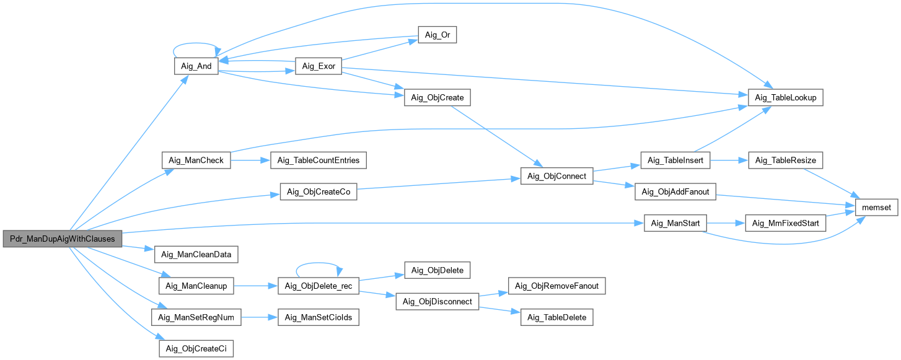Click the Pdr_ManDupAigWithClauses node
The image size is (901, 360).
coord(63,239)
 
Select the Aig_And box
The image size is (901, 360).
coord(195,67)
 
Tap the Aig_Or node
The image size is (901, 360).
coord(437,35)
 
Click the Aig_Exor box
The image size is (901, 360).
coord(318,67)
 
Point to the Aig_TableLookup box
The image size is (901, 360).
coord(786,98)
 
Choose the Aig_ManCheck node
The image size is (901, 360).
coord(196,160)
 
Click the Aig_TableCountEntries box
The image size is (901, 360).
coord(318,160)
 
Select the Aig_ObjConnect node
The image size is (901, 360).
coord(557,176)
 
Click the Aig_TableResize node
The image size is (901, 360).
coord(786,160)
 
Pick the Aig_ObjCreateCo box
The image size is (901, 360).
coord(319,191)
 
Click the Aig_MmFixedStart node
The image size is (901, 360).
coord(786,223)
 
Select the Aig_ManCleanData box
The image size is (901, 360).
coord(196,254)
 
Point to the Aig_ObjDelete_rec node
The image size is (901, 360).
coord(318,286)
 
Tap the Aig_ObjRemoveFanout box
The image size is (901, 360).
coord(556,286)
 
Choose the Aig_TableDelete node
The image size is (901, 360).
coord(556,317)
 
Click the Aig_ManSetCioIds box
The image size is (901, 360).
coord(318,317)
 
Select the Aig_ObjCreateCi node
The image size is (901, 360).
coord(196,349)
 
